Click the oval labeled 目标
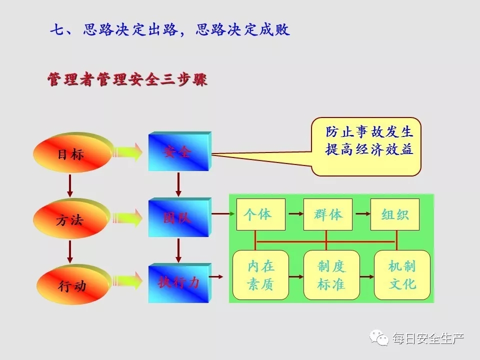point(72,152)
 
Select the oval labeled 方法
point(71,218)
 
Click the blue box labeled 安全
point(179,151)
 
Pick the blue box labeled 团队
point(179,217)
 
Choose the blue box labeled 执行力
point(179,283)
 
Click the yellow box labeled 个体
point(261,214)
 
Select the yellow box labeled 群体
point(328,214)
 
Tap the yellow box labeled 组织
point(395,214)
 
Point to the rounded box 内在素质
point(261,275)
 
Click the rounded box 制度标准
point(331,275)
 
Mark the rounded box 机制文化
point(402,275)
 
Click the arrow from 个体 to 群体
point(295,213)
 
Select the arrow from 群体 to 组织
point(363,213)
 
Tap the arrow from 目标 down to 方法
point(70,185)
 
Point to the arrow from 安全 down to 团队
point(178,184)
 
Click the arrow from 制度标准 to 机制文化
point(366,276)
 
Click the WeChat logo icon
point(379,337)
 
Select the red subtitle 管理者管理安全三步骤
point(127,79)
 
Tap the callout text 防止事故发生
point(369,132)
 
